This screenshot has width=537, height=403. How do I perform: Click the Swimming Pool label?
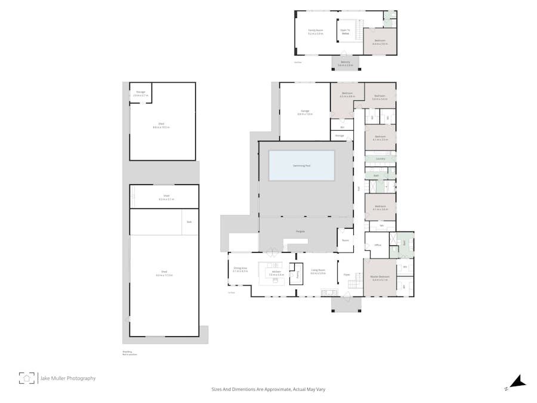click(x=301, y=165)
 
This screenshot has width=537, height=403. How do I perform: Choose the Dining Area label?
click(x=240, y=269)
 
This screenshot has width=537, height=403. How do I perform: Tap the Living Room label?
click(x=318, y=272)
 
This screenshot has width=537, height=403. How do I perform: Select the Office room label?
click(x=377, y=245)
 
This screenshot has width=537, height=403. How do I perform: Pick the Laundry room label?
click(x=380, y=159)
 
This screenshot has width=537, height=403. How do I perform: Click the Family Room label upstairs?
click(x=315, y=32)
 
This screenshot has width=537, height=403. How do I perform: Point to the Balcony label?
click(x=345, y=63)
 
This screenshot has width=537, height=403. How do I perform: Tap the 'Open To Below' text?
click(x=345, y=32)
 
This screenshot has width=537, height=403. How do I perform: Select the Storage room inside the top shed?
click(x=141, y=93)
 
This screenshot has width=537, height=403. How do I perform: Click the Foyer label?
click(x=347, y=275)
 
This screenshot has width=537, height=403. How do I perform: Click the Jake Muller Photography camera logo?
click(x=26, y=378)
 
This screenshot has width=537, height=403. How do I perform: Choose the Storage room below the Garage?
click(x=340, y=136)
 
